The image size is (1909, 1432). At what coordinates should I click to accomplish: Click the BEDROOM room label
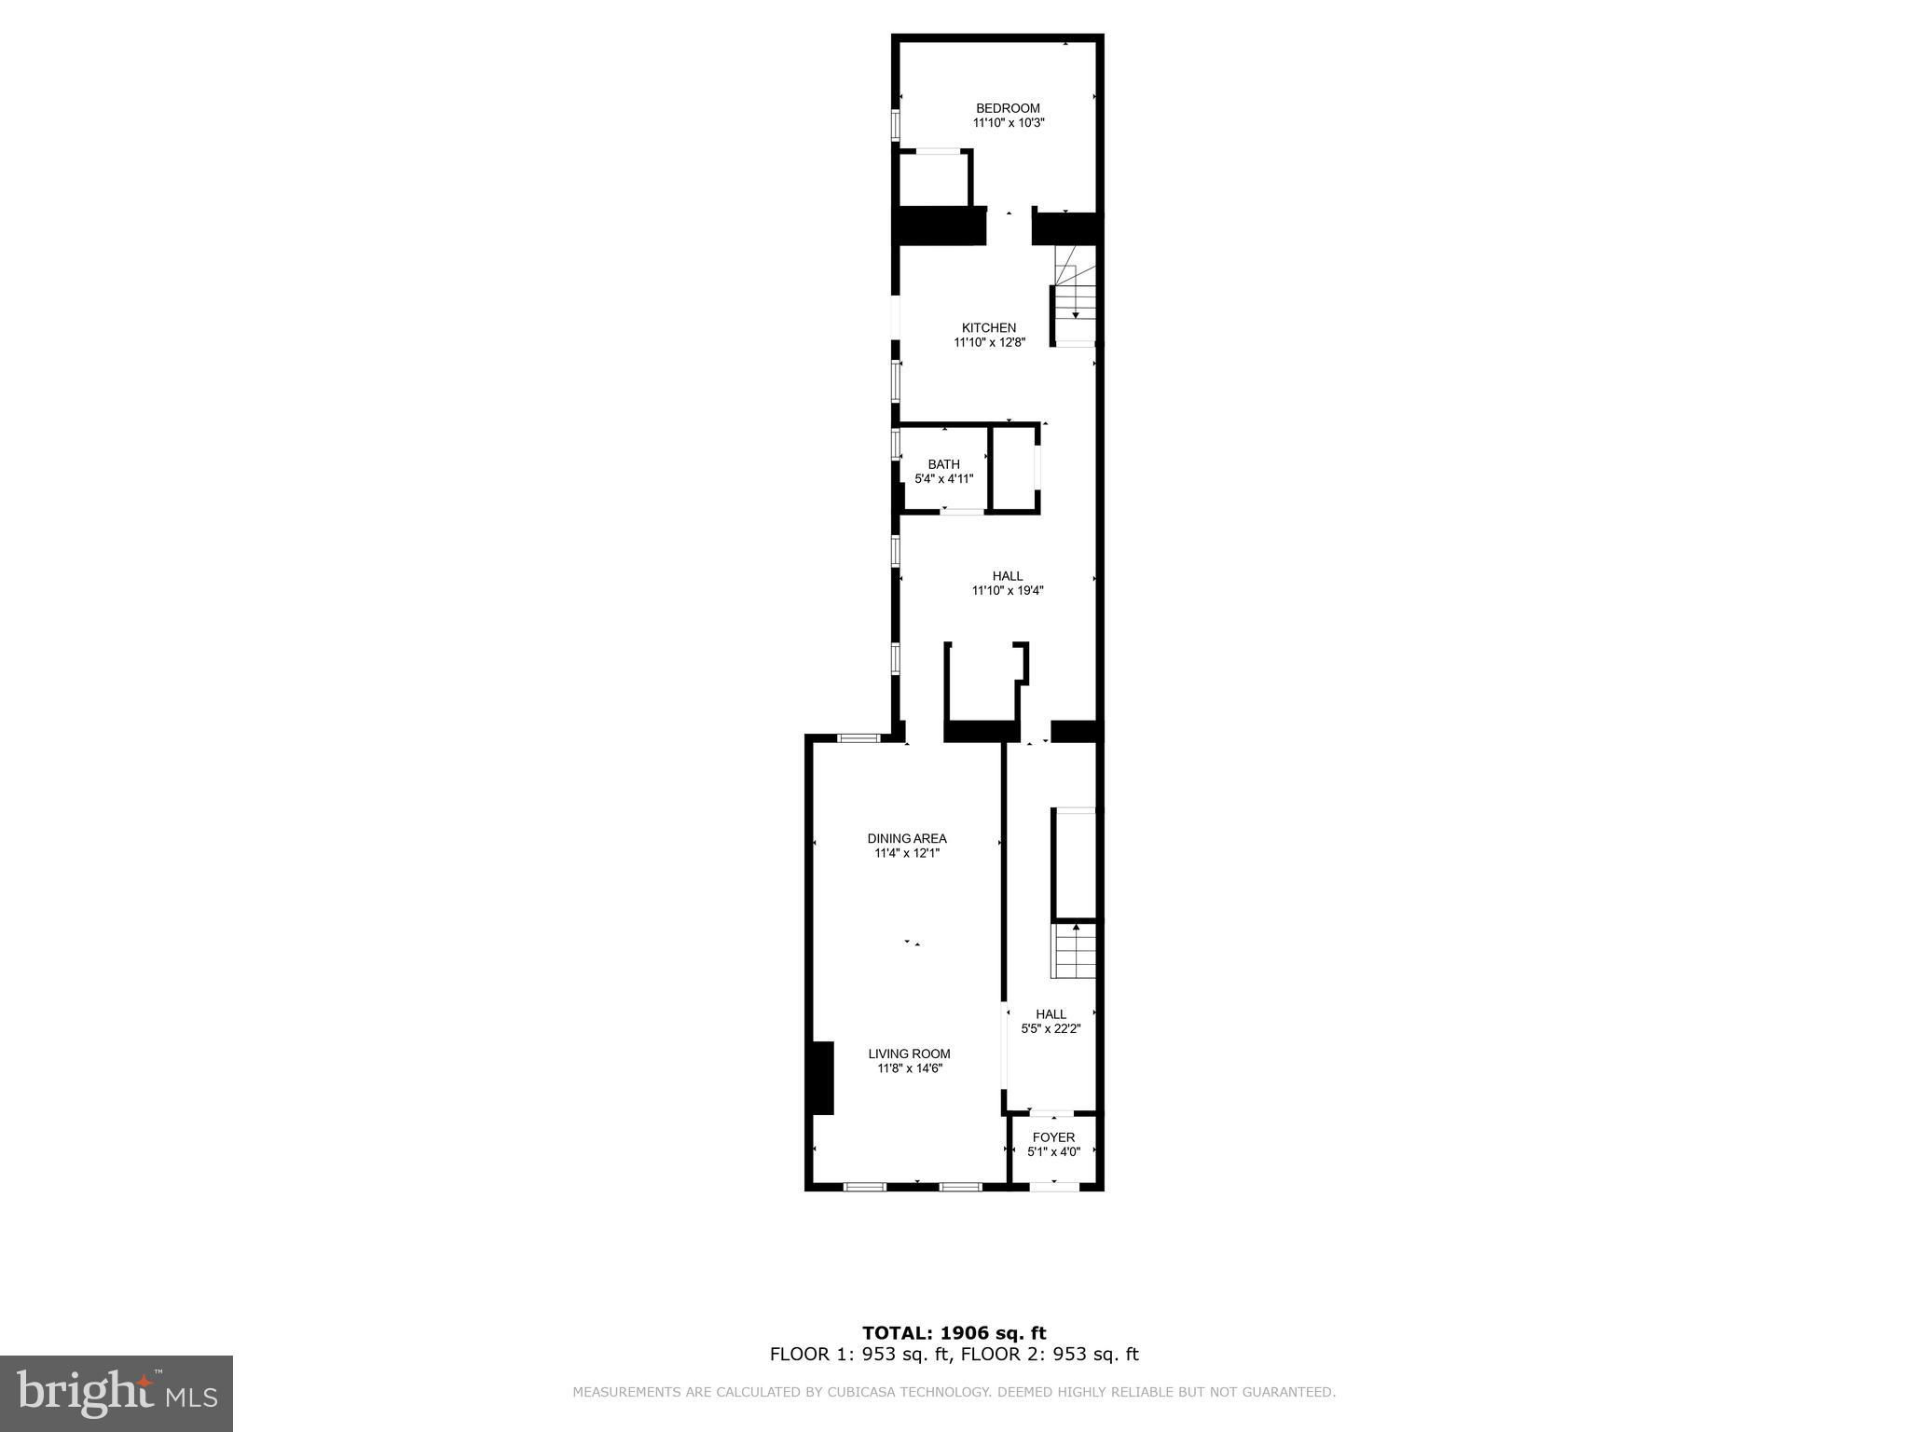(x=1008, y=108)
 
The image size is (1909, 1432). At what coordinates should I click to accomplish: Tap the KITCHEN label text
(x=989, y=328)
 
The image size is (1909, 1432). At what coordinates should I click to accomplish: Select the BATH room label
(x=943, y=464)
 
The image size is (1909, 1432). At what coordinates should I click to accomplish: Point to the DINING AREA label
(x=907, y=838)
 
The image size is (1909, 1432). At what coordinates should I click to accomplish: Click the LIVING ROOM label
(x=910, y=1053)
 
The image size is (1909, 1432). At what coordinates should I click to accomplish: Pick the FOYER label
(x=1054, y=1137)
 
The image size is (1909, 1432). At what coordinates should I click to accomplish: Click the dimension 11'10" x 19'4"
(x=1008, y=590)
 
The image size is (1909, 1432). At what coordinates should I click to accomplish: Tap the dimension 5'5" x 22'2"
(x=1051, y=1029)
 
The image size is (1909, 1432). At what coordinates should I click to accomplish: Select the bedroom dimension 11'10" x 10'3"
(x=1009, y=123)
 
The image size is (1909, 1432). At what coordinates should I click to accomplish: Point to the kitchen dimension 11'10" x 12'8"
(x=989, y=343)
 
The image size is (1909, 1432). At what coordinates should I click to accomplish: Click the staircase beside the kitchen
(x=1075, y=296)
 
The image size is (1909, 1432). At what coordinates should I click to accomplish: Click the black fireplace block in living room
(x=820, y=1078)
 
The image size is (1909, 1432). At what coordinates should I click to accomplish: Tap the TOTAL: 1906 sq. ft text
(x=954, y=1333)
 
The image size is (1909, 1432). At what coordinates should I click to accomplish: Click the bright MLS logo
(x=117, y=1393)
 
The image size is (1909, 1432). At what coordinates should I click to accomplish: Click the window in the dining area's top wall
(x=858, y=738)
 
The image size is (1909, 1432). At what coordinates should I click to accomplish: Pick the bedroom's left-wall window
(x=896, y=126)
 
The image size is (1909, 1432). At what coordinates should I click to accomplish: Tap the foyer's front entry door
(x=1054, y=1186)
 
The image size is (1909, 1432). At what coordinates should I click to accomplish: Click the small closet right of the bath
(x=1014, y=467)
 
